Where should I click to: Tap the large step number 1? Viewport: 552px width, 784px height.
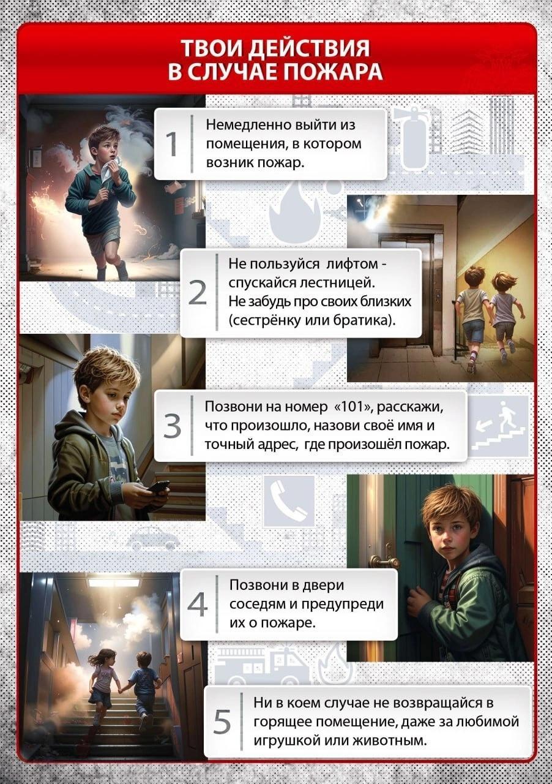click(x=172, y=144)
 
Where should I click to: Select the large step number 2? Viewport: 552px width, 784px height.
click(x=197, y=293)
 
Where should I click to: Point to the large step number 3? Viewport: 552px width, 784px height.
click(x=172, y=426)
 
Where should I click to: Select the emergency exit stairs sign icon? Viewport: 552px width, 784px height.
click(x=498, y=426)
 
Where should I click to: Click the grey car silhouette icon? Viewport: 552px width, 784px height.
click(x=153, y=538)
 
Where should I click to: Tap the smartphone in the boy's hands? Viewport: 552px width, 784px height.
click(x=158, y=486)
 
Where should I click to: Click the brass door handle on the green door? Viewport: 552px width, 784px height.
click(x=384, y=562)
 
